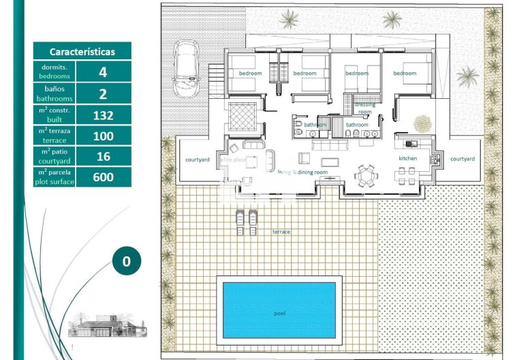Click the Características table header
tap(82, 51)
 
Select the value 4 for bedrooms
tap(103, 72)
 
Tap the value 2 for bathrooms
tap(103, 93)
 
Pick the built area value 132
tap(103, 115)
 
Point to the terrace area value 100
tap(103, 136)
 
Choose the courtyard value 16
tap(103, 157)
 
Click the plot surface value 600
tap(103, 177)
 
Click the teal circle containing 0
tap(126, 260)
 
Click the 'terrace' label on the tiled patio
tap(281, 232)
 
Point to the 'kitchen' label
tap(407, 159)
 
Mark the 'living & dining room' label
tap(303, 172)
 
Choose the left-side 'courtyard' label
tap(197, 160)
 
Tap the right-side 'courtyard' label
tap(463, 159)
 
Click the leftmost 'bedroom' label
tap(250, 73)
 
